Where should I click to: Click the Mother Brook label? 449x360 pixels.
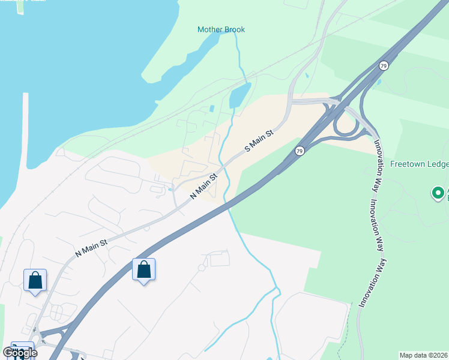coord(221,29)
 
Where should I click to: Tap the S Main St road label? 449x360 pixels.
coord(259,140)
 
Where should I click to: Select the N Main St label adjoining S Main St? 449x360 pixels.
coord(203,187)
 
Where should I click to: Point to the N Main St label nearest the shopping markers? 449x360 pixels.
coord(91,246)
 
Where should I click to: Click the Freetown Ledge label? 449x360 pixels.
coord(419,163)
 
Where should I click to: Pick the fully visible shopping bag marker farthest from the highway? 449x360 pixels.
coord(35,280)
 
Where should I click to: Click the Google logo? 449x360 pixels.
coord(20,353)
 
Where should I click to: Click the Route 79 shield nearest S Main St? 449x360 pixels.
coord(300,151)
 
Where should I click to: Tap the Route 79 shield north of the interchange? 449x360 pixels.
coord(384,65)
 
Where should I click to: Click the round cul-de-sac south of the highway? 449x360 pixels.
coord(202,268)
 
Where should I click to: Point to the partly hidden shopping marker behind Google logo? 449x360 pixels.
coord(23,346)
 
